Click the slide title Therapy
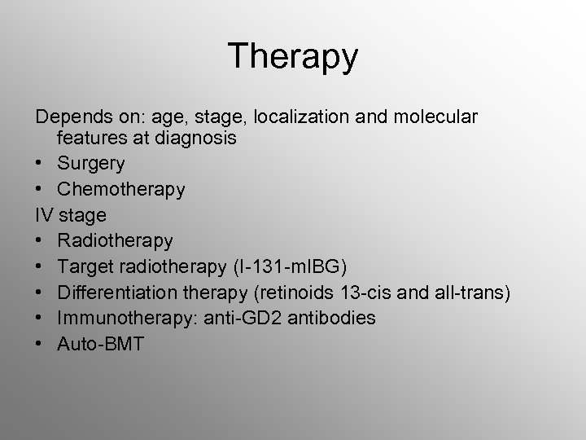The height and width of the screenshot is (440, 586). [x=293, y=56]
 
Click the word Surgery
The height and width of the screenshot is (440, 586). [x=91, y=164]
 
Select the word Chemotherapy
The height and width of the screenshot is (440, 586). [x=121, y=190]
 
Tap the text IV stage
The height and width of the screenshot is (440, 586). [x=70, y=215]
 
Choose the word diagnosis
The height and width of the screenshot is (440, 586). [x=197, y=139]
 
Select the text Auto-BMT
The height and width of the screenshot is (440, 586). [x=100, y=344]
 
